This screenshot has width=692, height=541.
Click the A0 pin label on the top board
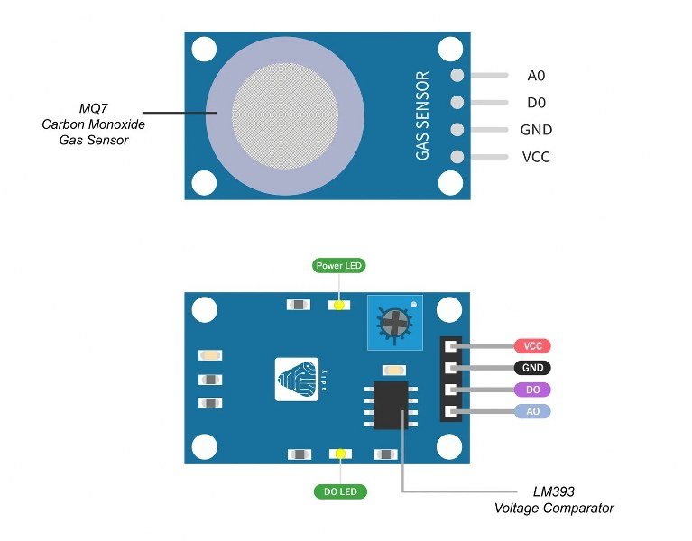tap(536, 76)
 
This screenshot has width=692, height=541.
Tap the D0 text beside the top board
tap(536, 103)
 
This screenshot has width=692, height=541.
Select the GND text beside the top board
tap(536, 130)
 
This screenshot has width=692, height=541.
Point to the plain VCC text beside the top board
tap(536, 157)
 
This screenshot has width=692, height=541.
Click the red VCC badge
tap(532, 346)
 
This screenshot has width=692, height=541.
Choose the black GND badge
tap(532, 368)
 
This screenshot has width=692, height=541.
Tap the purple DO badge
tap(532, 390)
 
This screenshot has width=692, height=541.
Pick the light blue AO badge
tap(532, 411)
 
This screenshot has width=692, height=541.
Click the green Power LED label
tap(339, 266)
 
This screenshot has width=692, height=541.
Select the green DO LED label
tap(340, 491)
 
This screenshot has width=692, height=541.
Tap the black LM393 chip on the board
tap(391, 405)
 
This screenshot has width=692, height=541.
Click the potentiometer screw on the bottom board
tap(393, 323)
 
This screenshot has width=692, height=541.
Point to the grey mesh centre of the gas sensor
tap(285, 116)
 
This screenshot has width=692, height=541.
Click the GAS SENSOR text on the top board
tap(422, 115)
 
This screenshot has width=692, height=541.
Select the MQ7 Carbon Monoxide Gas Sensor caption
tap(94, 124)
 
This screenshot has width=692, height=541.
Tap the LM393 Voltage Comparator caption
tap(554, 500)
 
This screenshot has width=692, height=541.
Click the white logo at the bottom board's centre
tap(297, 380)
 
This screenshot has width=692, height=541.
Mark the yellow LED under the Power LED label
tap(339, 305)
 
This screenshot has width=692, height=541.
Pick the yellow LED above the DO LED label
tap(340, 454)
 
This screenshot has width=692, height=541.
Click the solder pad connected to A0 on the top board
tap(457, 76)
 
